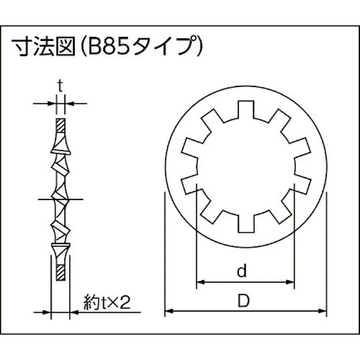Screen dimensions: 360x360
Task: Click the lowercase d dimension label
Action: click(x=242, y=272)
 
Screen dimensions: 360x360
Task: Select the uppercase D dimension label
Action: click(x=244, y=301)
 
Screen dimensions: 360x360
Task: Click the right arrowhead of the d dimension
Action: click(x=290, y=281)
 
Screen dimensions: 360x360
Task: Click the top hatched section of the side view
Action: click(x=60, y=124)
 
